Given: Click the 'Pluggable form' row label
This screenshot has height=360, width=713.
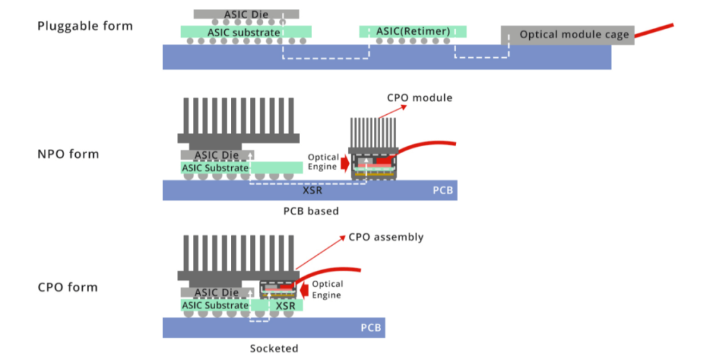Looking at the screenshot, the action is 85,26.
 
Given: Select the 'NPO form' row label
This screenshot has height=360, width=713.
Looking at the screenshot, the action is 68,154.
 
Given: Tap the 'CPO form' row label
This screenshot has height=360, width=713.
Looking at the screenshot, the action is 68,288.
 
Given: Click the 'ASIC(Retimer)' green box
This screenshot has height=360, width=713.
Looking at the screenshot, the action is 413,31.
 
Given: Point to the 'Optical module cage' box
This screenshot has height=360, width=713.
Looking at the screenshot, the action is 567,35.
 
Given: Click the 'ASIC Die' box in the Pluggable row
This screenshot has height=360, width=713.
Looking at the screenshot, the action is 246,14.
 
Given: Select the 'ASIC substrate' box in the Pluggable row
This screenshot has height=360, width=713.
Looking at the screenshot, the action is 246,32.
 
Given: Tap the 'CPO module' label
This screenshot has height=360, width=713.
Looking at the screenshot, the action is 419,97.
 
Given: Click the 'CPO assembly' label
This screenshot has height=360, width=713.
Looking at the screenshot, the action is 386,237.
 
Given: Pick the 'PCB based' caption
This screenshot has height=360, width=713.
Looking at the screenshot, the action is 311,211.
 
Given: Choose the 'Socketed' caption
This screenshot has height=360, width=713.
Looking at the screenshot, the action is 274,349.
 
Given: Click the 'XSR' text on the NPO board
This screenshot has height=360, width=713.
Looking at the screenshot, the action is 313,190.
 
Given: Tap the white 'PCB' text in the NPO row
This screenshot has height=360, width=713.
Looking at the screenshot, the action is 442,190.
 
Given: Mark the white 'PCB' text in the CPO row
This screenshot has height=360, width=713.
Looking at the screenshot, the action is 370,328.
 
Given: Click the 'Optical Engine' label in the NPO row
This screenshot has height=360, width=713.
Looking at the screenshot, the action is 323,162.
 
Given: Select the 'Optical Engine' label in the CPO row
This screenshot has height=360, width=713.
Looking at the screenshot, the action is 327,290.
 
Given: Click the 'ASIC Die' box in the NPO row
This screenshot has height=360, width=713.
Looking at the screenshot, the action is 217,155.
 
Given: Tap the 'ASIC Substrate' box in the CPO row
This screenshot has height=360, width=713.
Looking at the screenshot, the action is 215,305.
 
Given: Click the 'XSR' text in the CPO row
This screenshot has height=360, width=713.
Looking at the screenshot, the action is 285,306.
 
